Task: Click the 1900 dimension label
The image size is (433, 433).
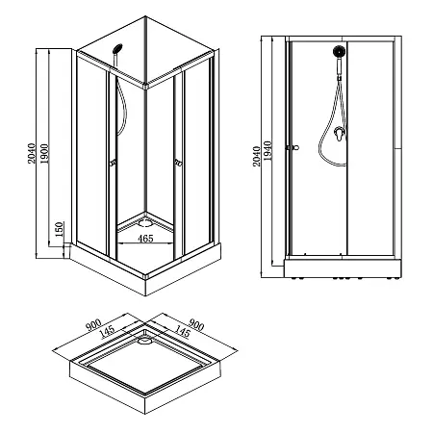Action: (44, 154)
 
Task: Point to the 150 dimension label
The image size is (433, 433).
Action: (60, 229)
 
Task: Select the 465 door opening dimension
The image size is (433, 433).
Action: (145, 239)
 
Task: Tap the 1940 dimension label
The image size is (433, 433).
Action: (267, 150)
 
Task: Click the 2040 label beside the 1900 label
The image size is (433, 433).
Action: (31, 154)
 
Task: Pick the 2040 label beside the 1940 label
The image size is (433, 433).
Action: (256, 156)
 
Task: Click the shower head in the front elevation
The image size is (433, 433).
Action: (339, 51)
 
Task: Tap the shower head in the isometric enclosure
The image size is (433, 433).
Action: (117, 49)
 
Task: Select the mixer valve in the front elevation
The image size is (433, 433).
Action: (340, 133)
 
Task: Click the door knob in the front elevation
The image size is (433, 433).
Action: (293, 147)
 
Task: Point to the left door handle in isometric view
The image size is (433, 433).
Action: (113, 163)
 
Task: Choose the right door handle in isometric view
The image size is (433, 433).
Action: (178, 164)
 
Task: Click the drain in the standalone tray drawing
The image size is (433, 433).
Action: (145, 339)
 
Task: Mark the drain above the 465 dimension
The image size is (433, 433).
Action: (144, 222)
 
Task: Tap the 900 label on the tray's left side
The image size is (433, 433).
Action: (93, 325)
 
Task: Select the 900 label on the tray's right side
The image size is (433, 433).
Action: (195, 324)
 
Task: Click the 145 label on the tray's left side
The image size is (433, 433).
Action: (108, 332)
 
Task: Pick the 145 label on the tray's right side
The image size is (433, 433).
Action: (182, 331)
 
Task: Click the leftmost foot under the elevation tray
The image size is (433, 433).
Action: (293, 278)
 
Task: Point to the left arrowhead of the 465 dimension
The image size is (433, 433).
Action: (120, 243)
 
